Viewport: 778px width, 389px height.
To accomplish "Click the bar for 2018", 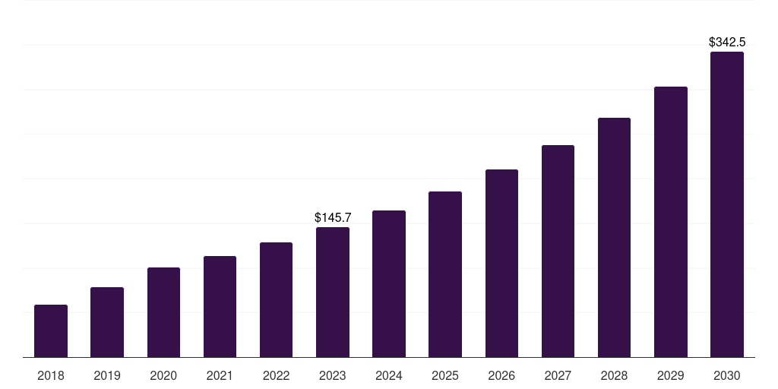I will point(51,331).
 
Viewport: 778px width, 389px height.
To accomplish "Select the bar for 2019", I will point(107,322).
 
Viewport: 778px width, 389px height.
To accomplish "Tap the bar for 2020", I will point(163,312).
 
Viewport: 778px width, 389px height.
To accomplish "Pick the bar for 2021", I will point(220,307).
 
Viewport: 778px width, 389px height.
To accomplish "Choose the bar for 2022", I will point(276,300).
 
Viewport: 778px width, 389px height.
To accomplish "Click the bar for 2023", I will point(333,293).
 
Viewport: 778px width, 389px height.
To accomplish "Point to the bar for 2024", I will point(389,284).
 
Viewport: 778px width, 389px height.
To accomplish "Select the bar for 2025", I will point(445,274).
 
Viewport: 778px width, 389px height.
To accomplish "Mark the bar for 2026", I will point(501,264).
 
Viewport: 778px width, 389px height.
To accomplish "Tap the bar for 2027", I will point(558,251).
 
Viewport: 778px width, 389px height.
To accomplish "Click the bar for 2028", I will point(614,238).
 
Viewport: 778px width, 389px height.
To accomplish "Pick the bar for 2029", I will point(671,222).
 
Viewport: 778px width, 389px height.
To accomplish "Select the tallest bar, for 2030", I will point(727,204).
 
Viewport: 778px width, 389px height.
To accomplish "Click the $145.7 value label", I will point(333,218).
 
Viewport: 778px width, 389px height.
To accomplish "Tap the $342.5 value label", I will point(727,43).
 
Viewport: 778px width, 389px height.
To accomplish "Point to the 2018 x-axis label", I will point(51,375).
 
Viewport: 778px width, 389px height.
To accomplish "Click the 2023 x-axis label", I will point(333,375).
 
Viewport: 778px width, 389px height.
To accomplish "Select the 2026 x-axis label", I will point(501,375).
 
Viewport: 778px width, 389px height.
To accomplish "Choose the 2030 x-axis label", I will point(727,375).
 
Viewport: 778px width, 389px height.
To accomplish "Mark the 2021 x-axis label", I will point(220,375).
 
